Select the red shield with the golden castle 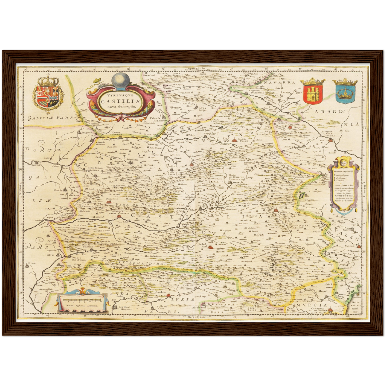(x=313, y=94)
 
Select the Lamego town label (x=36, y=165)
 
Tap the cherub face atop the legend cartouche (x=344, y=162)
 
